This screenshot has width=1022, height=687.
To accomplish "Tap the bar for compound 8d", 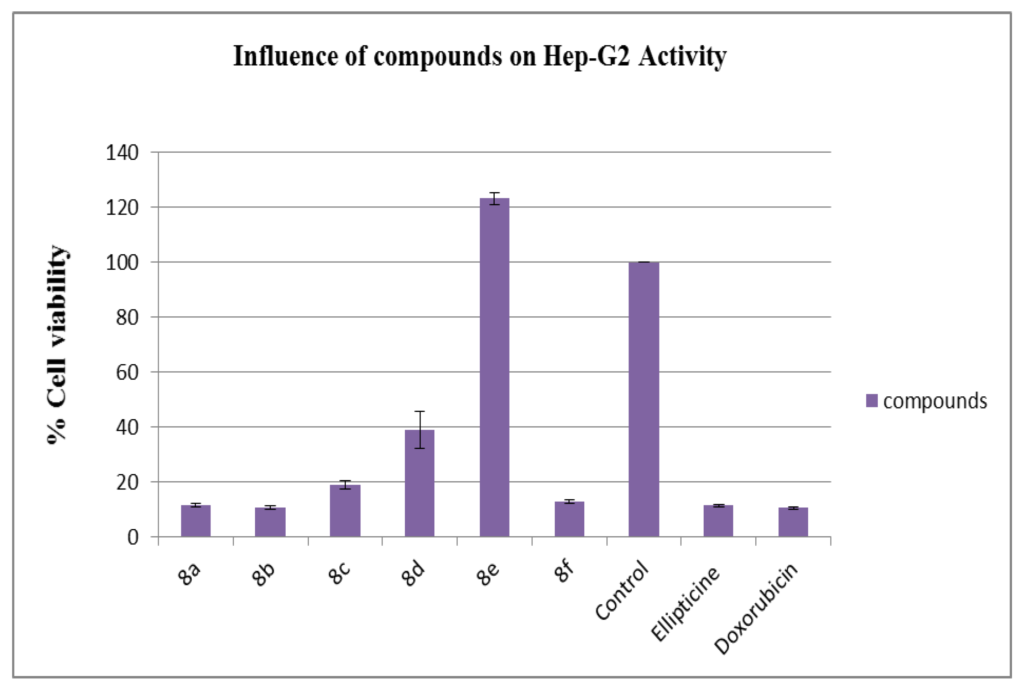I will pyautogui.click(x=419, y=483).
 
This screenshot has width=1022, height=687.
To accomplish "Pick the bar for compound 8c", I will pyautogui.click(x=345, y=511).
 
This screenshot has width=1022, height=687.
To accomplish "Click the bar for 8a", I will pyautogui.click(x=195, y=520).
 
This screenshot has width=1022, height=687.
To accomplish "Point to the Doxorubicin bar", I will pyautogui.click(x=793, y=522).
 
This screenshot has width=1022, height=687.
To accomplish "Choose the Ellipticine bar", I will pyautogui.click(x=718, y=520).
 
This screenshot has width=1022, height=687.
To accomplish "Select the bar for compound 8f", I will pyautogui.click(x=569, y=519).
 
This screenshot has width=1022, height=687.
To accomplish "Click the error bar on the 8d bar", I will pyautogui.click(x=419, y=429).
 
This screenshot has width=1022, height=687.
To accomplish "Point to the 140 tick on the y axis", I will pyautogui.click(x=122, y=153).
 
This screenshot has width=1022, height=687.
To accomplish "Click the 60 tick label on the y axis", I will pyautogui.click(x=127, y=372).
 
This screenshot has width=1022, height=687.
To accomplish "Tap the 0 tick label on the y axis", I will pyautogui.click(x=132, y=537).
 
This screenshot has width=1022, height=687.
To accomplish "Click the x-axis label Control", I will pyautogui.click(x=621, y=590).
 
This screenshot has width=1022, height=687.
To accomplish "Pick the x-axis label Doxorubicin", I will pyautogui.click(x=755, y=609).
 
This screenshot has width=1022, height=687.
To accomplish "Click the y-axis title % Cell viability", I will pyautogui.click(x=57, y=344).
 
